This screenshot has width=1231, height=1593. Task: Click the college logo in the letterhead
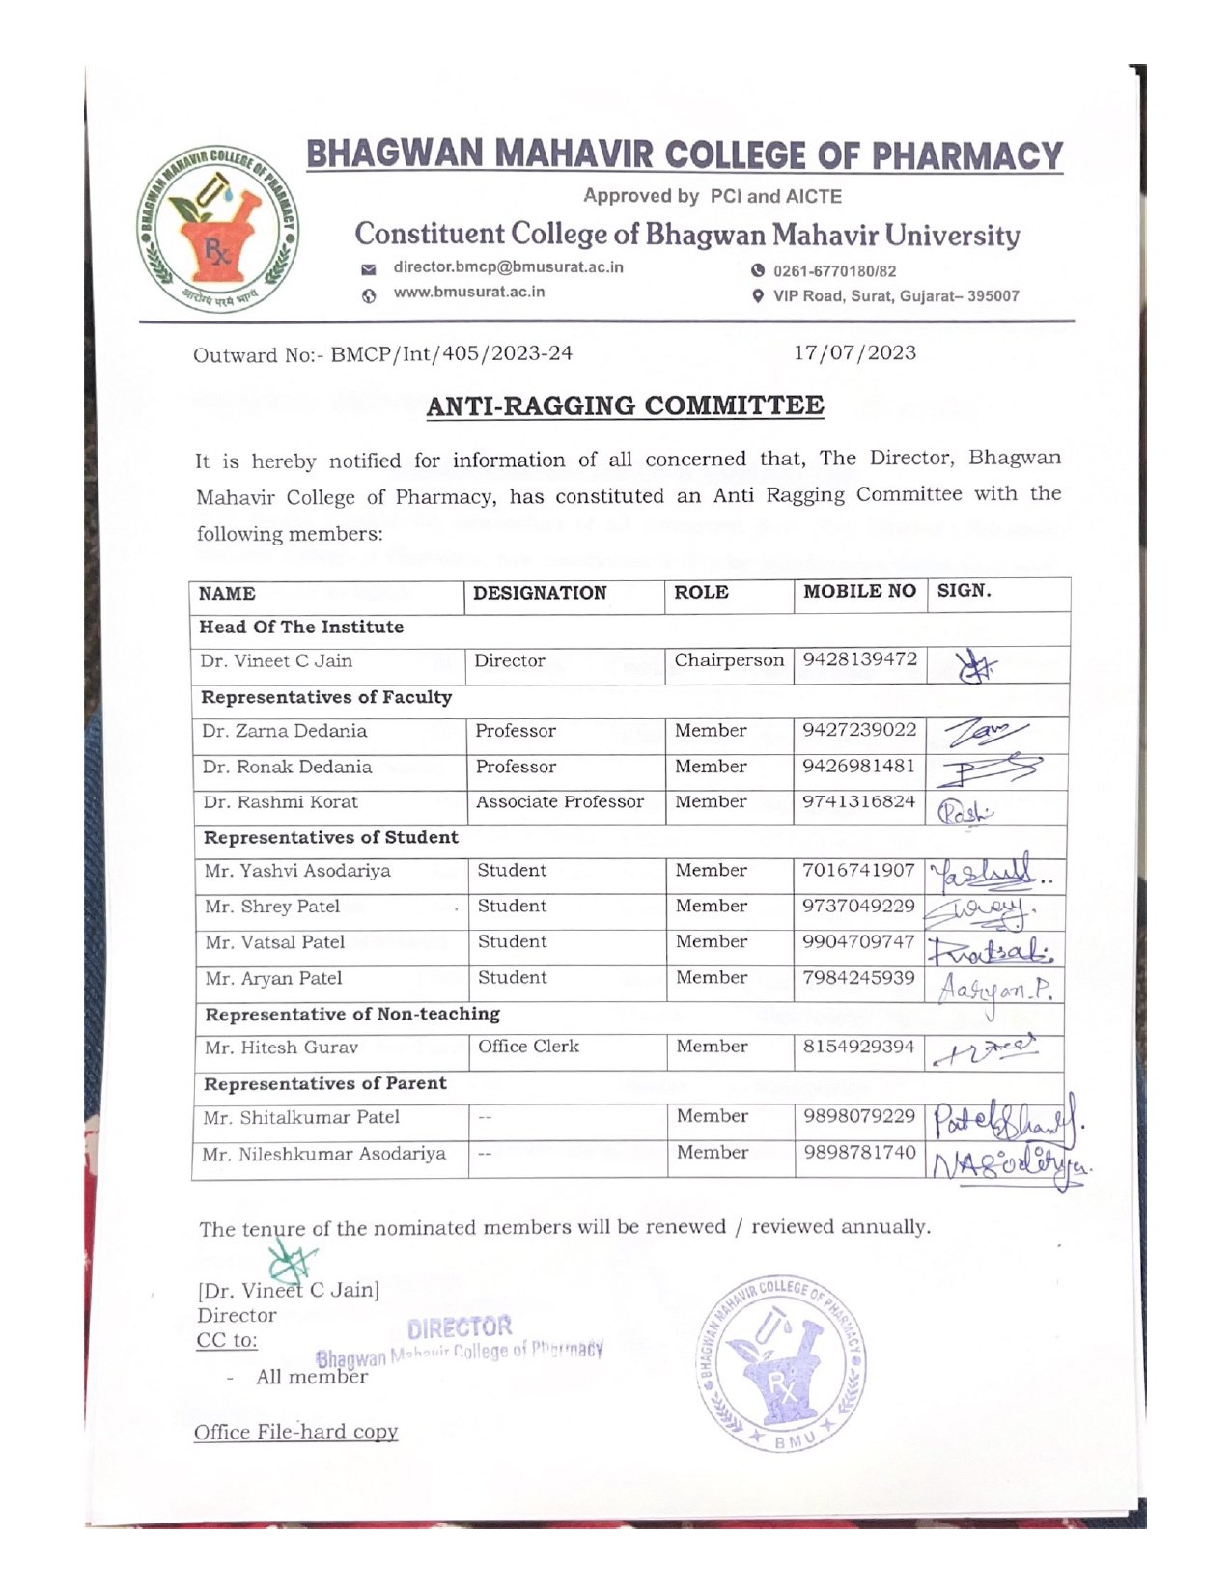(x=218, y=230)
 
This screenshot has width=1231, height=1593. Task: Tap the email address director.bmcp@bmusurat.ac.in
(x=508, y=267)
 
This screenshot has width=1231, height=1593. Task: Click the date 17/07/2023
(x=854, y=352)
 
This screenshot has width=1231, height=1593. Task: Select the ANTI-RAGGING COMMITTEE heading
(x=625, y=405)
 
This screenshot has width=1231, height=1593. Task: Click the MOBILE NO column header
(x=859, y=591)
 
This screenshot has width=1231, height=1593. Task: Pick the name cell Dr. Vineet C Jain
(x=276, y=661)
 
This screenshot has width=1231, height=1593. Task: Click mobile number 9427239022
(x=859, y=730)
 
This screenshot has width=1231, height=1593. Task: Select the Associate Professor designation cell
(x=559, y=801)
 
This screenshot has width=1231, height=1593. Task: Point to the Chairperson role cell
(x=729, y=660)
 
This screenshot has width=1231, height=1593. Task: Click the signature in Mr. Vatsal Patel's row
(x=990, y=948)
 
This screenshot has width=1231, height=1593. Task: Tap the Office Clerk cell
(x=528, y=1047)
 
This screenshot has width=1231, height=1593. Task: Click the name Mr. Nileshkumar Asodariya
(x=323, y=1154)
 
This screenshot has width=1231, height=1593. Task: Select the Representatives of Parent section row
(x=324, y=1084)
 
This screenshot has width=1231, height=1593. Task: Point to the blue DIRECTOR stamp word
(x=460, y=1327)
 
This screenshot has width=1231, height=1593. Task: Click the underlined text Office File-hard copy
(x=295, y=1432)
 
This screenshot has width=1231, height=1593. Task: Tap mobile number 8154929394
(x=858, y=1047)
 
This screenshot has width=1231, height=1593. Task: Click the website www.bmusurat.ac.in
(x=468, y=292)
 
